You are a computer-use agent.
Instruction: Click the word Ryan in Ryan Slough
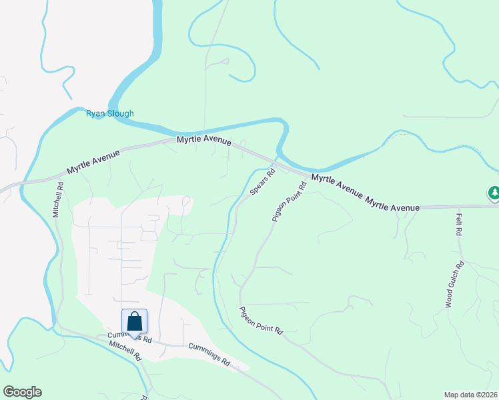coord(95,113)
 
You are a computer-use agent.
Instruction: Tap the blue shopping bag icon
coord(135,321)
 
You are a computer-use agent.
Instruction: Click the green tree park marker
coord(494,194)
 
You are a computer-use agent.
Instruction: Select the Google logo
coord(22,392)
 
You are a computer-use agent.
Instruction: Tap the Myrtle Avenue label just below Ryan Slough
coord(204,141)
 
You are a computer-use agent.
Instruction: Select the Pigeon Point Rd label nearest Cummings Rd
coord(262,320)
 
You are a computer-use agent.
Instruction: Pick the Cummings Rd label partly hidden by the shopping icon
coord(130,339)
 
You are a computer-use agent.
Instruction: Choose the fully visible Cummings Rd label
coord(209,355)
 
